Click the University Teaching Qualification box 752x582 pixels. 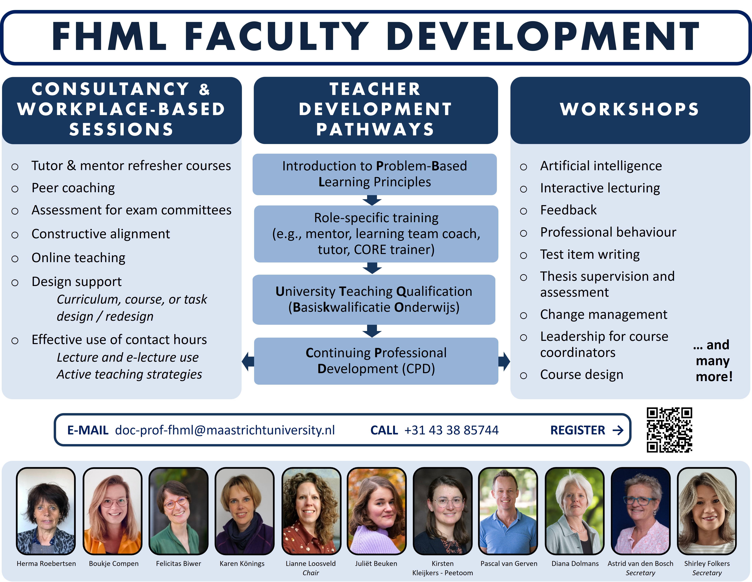point(374,299)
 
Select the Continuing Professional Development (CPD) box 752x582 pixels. point(376,361)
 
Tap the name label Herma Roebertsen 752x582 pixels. point(46,563)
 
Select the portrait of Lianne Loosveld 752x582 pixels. point(311,511)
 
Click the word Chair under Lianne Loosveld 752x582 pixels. point(311,573)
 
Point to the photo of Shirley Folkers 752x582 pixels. point(707,511)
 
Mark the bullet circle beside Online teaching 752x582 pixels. point(15,259)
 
